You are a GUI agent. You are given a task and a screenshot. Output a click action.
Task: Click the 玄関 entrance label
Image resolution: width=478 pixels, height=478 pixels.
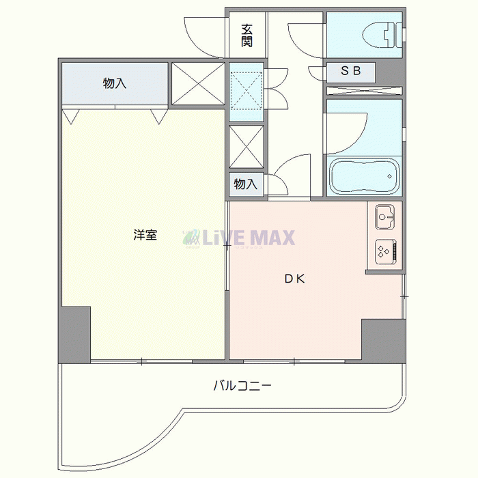247,36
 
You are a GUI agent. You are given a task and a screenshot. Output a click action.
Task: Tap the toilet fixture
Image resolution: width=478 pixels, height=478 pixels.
382,35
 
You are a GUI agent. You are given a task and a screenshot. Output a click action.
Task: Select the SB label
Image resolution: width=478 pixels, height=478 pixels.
350,71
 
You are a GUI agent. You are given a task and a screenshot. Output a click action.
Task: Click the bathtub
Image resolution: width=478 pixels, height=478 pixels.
365,176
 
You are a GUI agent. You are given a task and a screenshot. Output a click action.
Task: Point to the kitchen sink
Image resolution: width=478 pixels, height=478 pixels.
384,216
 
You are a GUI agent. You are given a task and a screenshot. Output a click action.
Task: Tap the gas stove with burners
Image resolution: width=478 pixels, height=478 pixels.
386,251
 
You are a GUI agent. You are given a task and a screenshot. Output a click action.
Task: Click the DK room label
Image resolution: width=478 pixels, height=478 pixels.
294,279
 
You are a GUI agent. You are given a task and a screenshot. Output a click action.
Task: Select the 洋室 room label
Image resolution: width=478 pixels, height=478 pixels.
145,235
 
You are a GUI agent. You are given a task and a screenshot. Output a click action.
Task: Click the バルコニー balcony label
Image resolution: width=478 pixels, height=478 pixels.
242,386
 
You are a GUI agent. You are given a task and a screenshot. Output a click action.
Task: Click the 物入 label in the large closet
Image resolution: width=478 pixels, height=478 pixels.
114,83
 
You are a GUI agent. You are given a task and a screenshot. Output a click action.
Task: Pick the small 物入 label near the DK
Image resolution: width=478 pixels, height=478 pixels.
245,184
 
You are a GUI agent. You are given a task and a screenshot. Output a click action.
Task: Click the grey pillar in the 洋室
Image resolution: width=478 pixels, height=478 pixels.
75,334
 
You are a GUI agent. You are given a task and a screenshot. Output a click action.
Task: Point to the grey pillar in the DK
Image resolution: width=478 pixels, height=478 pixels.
384,339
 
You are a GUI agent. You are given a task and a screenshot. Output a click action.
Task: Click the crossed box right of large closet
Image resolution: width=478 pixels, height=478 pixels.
198,83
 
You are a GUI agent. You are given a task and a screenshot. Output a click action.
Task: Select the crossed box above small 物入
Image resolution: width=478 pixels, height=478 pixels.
247,147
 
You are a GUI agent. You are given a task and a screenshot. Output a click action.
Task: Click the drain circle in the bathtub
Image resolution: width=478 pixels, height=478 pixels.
390,176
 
